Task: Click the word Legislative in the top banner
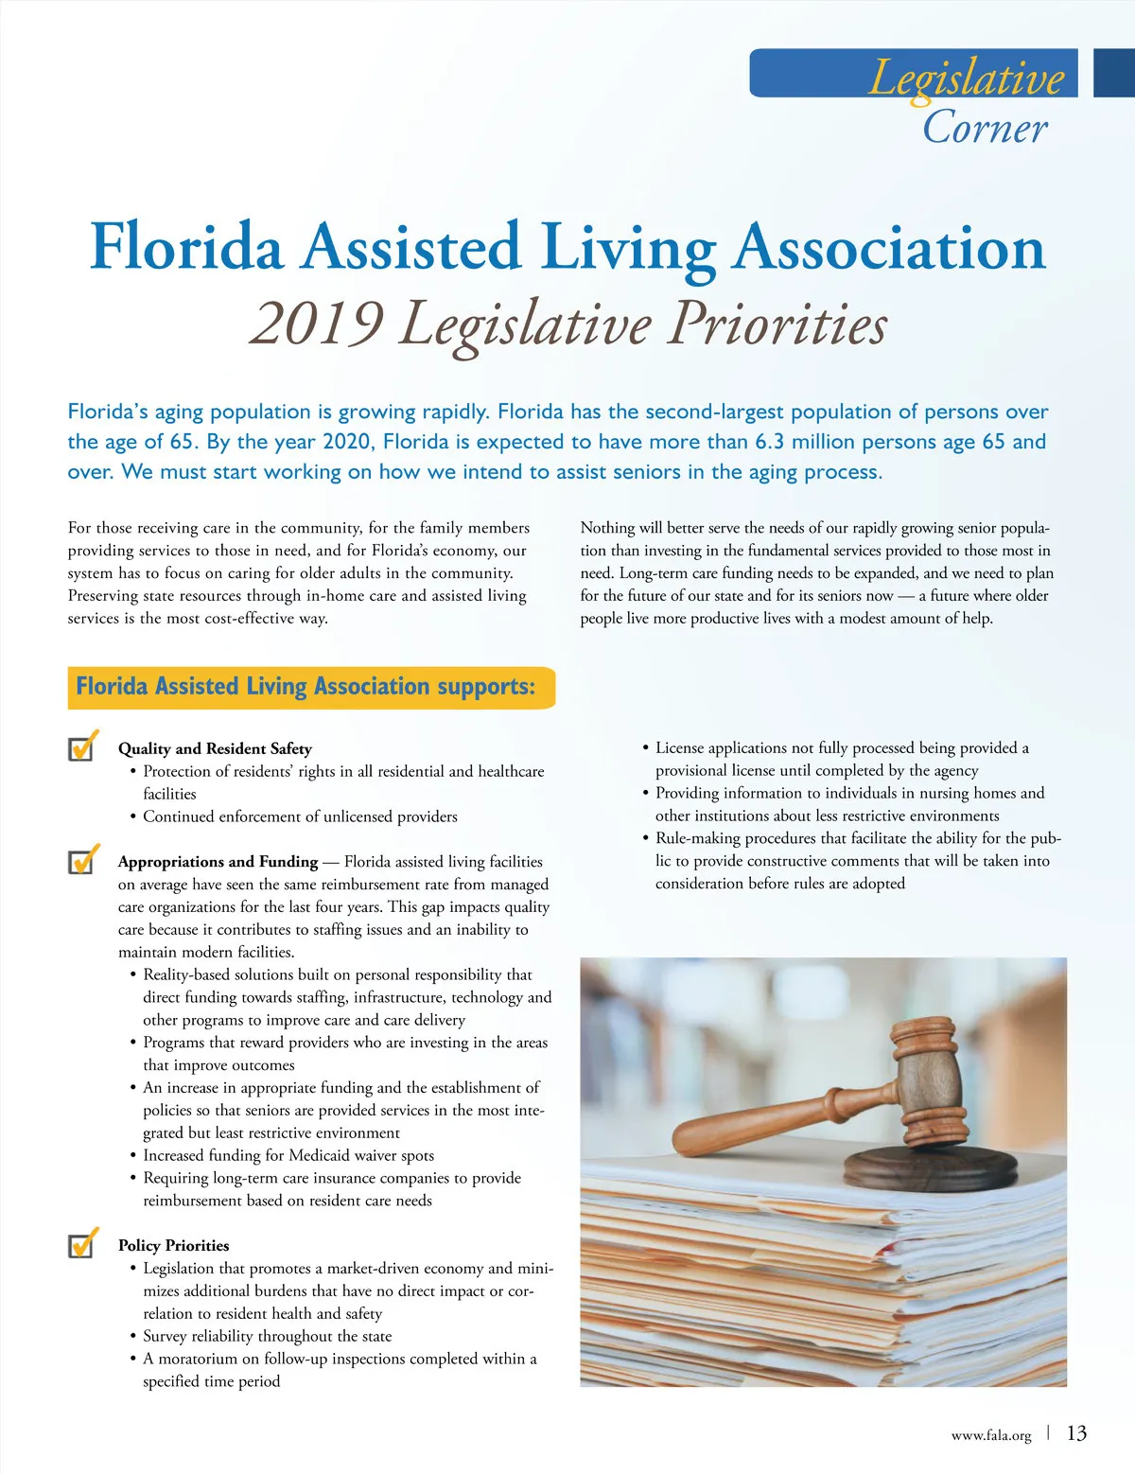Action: pos(966,78)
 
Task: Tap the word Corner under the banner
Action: pos(985,128)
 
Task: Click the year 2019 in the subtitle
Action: pos(316,324)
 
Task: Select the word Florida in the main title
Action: pos(186,247)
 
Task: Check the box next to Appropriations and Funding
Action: pos(82,861)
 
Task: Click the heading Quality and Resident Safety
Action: pos(215,748)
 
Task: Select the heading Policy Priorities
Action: pos(173,1245)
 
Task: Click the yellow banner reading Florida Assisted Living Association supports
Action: pos(310,687)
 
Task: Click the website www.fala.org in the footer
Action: pos(990,1435)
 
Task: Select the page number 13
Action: pos(1076,1433)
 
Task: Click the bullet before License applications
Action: pos(645,748)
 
